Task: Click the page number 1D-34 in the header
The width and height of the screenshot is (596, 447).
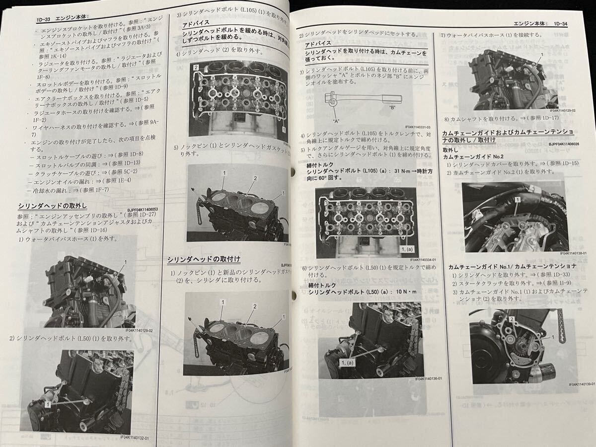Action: [564, 23]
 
